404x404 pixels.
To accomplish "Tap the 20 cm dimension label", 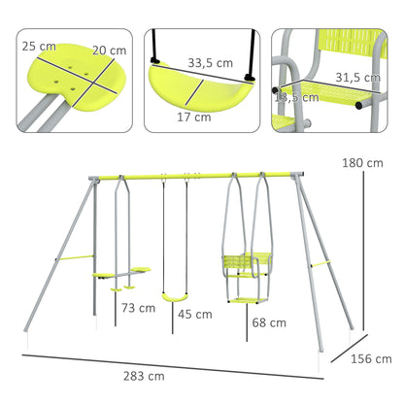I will (x=109, y=50).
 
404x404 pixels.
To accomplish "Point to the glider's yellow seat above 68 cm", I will (x=242, y=263).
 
